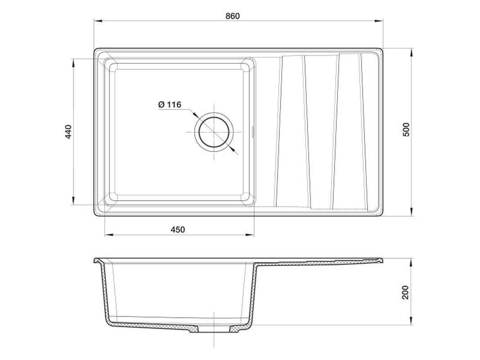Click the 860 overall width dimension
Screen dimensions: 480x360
[x=233, y=16]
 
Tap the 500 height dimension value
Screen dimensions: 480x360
[x=406, y=130]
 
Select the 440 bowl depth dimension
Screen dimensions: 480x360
[x=68, y=132]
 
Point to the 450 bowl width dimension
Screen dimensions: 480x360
[x=178, y=229]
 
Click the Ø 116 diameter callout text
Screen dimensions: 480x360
[x=170, y=105]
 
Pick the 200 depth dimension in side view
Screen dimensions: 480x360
[x=405, y=292]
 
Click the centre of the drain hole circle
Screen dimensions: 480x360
[x=214, y=133]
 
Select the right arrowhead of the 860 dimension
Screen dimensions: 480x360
[x=379, y=21]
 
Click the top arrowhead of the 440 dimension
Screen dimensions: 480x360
[x=73, y=63]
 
